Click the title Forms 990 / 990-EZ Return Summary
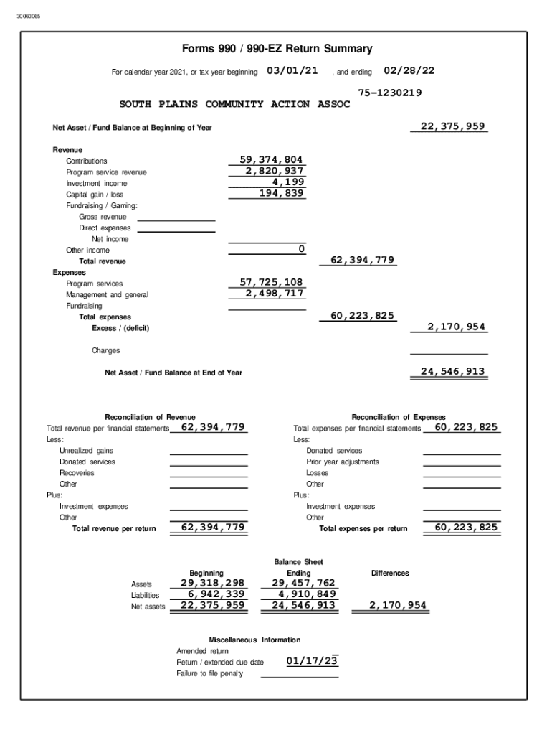point(277,49)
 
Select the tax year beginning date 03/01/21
point(292,70)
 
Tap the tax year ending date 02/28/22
point(409,70)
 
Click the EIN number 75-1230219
point(389,93)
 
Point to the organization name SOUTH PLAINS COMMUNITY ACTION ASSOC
point(234,104)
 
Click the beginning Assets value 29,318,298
point(212,583)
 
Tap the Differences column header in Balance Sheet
point(390,573)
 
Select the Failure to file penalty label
point(210,673)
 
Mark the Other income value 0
point(302,249)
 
